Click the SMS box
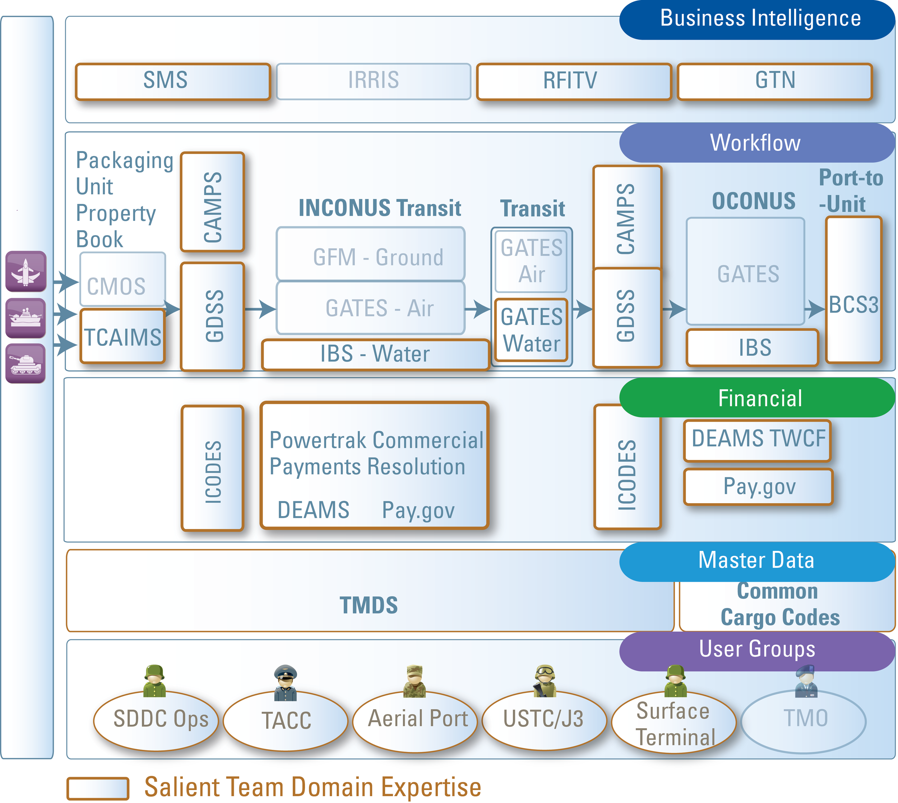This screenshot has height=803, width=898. coord(173,81)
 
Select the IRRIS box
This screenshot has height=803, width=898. coord(373,81)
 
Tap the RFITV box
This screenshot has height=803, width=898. coord(574,81)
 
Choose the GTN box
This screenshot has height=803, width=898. coord(775,81)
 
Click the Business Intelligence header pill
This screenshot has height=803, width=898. coord(757,20)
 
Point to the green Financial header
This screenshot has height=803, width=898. coord(757,398)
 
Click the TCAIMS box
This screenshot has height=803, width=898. coord(123,336)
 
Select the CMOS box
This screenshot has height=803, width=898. coord(123,279)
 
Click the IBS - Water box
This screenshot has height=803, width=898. coord(375,354)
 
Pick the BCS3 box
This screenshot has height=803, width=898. coord(853,290)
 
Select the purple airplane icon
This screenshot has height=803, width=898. coord(26,271)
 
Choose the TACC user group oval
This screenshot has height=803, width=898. coord(286,720)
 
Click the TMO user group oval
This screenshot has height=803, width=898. coord(804,720)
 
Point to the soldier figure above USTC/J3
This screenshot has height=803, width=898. coord(545,681)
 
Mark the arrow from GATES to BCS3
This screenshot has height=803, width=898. coord(815,308)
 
